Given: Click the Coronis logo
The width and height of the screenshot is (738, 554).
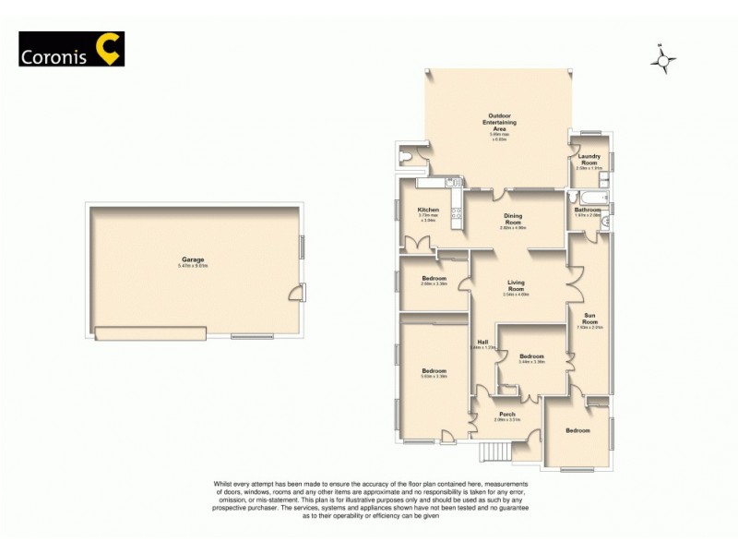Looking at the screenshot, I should click(71, 49).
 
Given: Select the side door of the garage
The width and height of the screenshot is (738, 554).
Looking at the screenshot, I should click(295, 294).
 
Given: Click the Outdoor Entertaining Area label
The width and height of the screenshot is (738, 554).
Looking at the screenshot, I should click(502, 126).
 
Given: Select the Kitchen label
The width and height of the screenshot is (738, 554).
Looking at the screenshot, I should click(428, 211).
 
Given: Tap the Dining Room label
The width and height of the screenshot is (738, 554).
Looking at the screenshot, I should click(512, 219).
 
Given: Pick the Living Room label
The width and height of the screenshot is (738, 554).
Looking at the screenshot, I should click(516, 286).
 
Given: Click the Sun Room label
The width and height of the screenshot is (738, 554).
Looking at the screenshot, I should click(589, 319).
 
